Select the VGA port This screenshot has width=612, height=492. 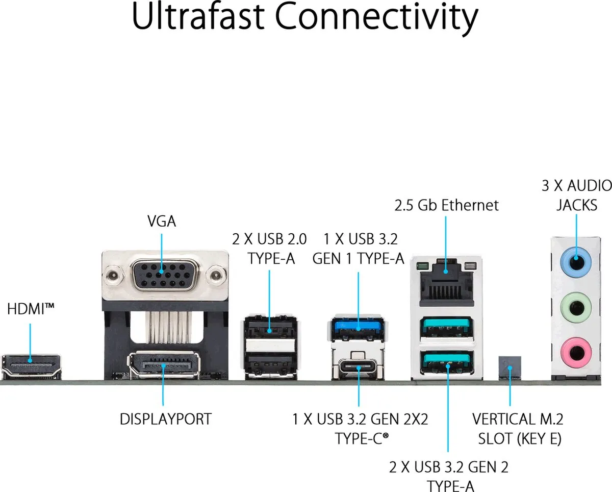165,275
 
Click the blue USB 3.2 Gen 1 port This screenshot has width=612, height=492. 358,329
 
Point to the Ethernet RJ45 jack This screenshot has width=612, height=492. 446,282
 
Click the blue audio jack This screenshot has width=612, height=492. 576,262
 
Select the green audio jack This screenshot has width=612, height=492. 576,307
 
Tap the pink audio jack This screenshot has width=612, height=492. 576,353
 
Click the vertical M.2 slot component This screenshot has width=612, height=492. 510,367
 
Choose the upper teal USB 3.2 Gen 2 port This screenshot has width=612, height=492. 446,328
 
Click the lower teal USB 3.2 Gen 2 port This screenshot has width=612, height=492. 446,362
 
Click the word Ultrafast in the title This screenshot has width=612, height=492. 198,16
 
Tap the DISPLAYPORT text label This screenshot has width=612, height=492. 166,419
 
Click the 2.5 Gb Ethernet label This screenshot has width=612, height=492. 446,205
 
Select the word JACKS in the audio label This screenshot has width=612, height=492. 577,205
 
